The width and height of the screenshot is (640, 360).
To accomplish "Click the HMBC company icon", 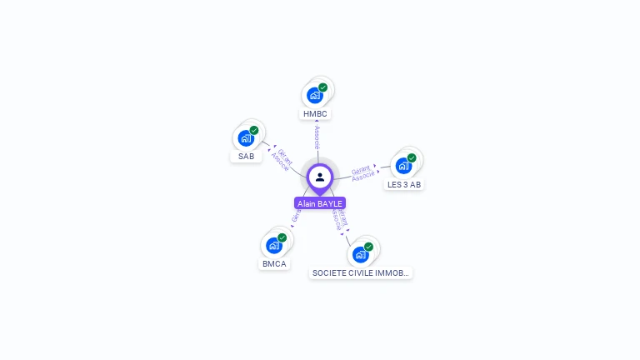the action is tap(315, 95).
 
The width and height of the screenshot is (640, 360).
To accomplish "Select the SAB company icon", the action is tap(246, 137).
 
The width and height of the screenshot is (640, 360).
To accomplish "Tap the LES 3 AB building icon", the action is tap(403, 166).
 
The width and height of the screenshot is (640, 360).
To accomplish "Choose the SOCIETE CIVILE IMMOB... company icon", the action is tap(360, 253).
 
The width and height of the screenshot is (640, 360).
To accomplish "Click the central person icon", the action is tap(320, 177).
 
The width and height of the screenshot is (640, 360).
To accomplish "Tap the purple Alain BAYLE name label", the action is tap(320, 203).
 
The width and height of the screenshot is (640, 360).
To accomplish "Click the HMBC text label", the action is tap(316, 113).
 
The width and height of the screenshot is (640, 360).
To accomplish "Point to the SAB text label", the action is tap(246, 157).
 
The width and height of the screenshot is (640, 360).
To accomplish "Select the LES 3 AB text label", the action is tap(404, 184).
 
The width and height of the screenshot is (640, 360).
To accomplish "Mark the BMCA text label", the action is tap(274, 264).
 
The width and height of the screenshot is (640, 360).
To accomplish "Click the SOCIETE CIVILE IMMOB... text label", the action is tap(360, 272).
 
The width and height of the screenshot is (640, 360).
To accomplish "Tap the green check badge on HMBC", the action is tap(323, 87).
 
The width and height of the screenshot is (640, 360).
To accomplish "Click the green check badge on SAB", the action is tap(254, 130).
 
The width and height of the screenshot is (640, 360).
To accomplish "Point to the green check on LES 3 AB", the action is tap(412, 157).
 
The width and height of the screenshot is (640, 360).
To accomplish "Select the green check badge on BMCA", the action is tap(282, 237).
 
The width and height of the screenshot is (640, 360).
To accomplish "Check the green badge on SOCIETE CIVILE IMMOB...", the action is tap(368, 246).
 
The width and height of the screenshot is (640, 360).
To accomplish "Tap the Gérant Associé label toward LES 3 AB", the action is tap(363, 172).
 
